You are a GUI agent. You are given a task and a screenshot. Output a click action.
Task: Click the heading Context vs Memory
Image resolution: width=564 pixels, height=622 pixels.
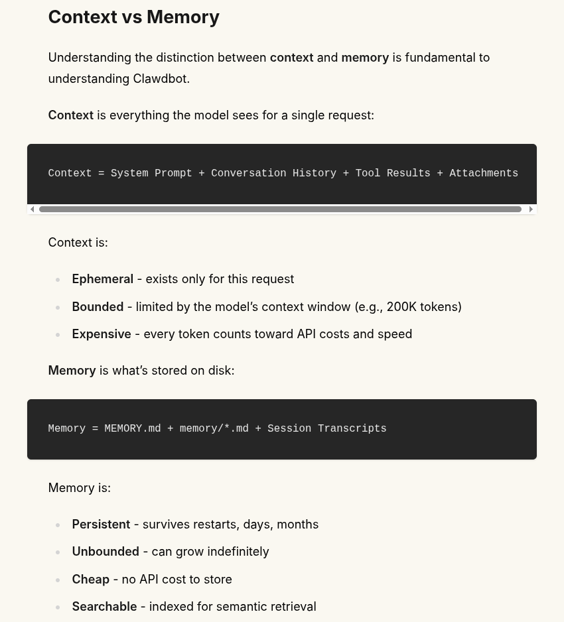click(x=133, y=17)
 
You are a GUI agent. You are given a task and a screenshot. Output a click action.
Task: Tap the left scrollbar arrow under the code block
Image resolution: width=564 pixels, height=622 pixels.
click(x=33, y=209)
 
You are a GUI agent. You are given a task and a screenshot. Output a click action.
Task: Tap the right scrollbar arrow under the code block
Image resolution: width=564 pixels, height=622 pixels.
click(x=531, y=209)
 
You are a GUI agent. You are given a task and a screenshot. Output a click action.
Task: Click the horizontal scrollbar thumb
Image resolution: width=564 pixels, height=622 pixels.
click(x=280, y=209)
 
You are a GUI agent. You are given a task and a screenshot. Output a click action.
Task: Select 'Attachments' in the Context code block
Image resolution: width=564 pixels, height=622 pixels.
click(x=484, y=173)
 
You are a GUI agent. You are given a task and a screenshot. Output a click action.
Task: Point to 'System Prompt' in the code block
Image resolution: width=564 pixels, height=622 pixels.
click(x=151, y=173)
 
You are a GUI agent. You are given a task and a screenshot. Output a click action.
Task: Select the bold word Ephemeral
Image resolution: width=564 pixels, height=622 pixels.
click(x=102, y=279)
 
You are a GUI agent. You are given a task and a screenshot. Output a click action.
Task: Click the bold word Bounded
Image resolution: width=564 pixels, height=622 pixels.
click(x=98, y=307)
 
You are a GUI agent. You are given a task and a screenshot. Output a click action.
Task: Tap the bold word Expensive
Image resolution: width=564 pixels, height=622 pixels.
click(x=102, y=334)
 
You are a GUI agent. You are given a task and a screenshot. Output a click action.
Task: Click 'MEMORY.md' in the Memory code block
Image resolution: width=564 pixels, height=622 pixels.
click(x=133, y=428)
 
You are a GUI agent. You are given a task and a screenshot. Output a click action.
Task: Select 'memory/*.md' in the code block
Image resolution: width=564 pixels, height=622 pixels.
click(x=214, y=428)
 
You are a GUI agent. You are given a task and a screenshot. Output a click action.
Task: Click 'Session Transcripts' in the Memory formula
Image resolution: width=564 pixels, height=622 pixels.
click(x=326, y=428)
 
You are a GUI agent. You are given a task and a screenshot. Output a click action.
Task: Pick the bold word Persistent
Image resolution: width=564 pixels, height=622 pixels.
click(x=101, y=525)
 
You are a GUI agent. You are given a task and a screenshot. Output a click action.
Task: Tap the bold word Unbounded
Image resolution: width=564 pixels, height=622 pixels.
click(x=106, y=552)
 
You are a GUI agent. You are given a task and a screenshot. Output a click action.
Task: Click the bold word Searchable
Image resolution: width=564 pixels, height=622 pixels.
click(x=104, y=607)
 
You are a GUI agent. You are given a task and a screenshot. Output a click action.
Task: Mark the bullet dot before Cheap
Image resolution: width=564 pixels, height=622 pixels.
click(x=58, y=580)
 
